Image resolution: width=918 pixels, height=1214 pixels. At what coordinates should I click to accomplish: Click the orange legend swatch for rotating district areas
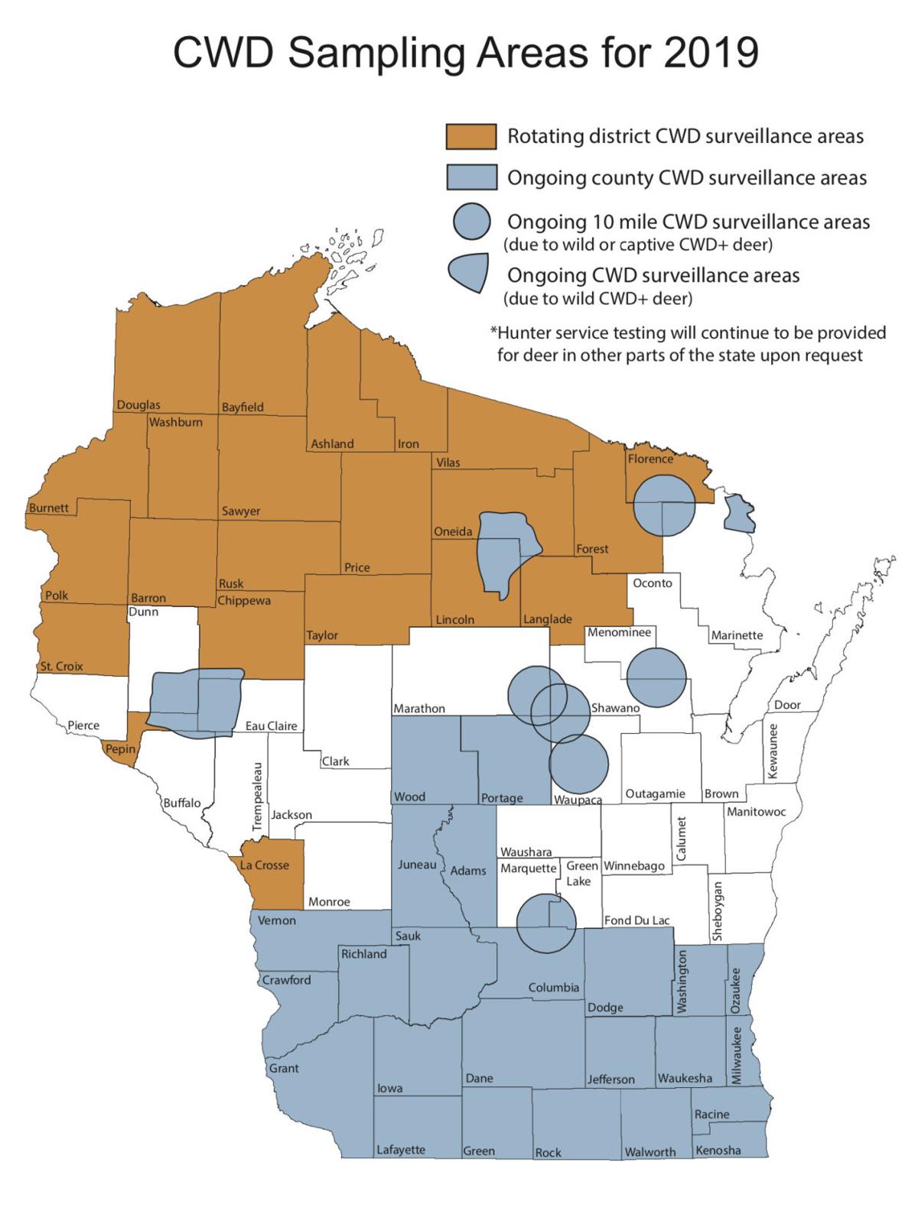pos(471,137)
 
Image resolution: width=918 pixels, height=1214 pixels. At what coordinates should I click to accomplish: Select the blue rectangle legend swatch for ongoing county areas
pos(471,178)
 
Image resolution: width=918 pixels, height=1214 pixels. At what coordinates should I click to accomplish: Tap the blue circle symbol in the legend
pos(471,222)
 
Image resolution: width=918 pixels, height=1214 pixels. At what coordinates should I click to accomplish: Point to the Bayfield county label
pos(243,407)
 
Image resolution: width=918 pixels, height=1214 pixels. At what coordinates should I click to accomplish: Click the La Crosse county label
pos(264,865)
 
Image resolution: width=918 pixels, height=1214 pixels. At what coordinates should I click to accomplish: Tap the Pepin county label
pos(120,749)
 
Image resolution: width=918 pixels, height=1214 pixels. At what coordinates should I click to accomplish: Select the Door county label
pos(787,705)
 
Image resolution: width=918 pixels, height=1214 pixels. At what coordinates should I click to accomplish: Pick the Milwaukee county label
pos(737,1056)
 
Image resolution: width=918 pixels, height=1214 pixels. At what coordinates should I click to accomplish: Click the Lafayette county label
pos(401,1150)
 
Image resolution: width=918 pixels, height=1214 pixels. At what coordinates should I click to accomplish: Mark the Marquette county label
pos(528,868)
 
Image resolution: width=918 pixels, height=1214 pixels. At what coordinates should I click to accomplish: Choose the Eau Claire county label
pos(271,726)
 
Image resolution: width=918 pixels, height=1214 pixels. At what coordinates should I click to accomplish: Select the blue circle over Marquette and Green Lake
pos(546,923)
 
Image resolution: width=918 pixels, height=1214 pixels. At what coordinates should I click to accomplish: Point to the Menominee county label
pos(619,632)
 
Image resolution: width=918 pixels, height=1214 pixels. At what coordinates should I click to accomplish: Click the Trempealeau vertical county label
pos(258,797)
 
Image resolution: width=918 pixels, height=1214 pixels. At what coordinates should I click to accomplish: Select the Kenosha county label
pos(718,1150)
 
